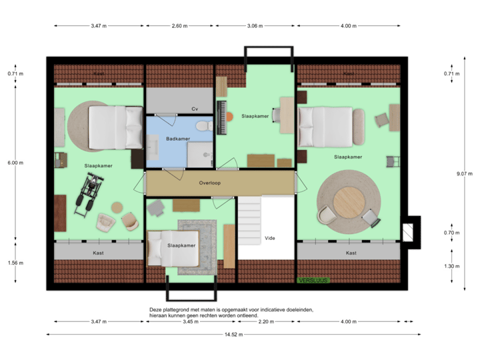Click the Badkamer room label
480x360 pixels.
point(179,139)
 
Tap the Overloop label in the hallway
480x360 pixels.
point(209,182)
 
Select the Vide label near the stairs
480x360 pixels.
point(270,237)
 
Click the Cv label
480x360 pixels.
point(195,109)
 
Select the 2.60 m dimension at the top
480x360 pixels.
point(179,26)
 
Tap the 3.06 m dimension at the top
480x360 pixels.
point(255,26)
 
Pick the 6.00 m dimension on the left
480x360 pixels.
point(15,162)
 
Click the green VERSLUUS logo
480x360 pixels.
point(313,281)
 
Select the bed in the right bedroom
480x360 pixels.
point(331,127)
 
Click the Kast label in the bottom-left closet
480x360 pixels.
point(98,253)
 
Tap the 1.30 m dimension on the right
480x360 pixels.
point(453,266)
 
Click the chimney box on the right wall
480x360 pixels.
point(409,231)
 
